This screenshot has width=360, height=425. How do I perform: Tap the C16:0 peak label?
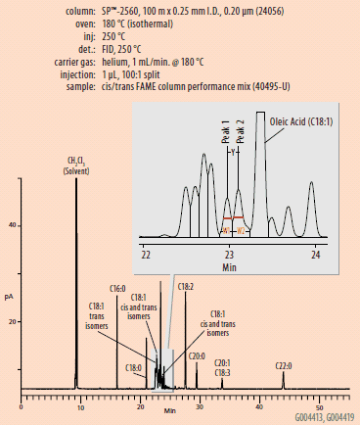[x=115, y=289]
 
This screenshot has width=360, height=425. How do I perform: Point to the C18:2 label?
[x=185, y=286]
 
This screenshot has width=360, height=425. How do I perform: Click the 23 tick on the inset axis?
[x=229, y=253]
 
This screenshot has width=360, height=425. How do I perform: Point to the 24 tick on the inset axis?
[x=315, y=253]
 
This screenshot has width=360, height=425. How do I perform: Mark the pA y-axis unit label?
[x=10, y=294]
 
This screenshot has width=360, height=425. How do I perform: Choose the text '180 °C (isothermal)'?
[x=125, y=22]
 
